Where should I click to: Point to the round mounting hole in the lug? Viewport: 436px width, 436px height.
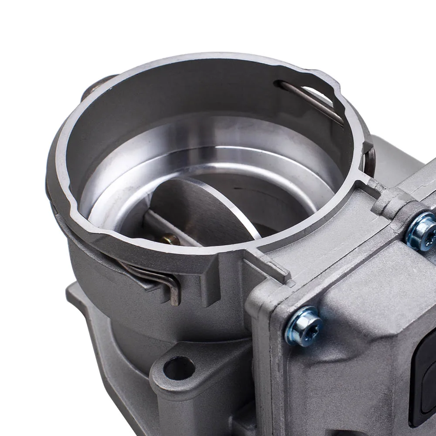pyautogui.click(x=178, y=368)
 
